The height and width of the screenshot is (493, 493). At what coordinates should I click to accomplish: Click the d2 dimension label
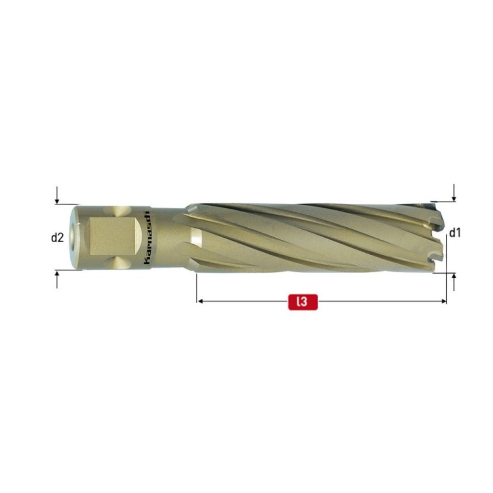click(58, 237)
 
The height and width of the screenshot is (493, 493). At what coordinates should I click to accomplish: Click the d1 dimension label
click(455, 234)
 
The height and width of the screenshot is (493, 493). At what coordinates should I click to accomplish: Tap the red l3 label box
click(303, 301)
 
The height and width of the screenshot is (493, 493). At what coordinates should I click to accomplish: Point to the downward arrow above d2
click(57, 196)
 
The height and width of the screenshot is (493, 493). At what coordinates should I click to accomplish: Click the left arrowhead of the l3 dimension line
click(200, 301)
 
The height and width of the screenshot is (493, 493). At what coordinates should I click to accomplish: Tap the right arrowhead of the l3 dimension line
click(443, 301)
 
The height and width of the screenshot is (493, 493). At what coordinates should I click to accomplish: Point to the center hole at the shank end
click(74, 237)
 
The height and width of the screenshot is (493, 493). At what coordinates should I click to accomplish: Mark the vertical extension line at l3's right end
click(447, 270)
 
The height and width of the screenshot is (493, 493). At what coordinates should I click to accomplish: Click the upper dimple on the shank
click(118, 211)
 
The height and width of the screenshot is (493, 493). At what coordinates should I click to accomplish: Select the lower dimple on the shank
click(118, 263)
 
